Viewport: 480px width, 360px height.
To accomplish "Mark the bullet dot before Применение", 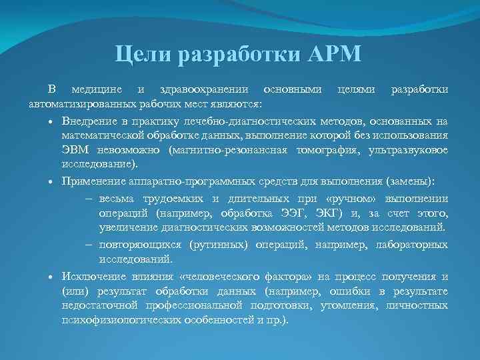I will pos(51,181).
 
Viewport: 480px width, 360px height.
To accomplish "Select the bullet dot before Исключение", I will pos(51,277).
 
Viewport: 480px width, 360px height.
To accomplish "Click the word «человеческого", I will pos(222,277).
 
